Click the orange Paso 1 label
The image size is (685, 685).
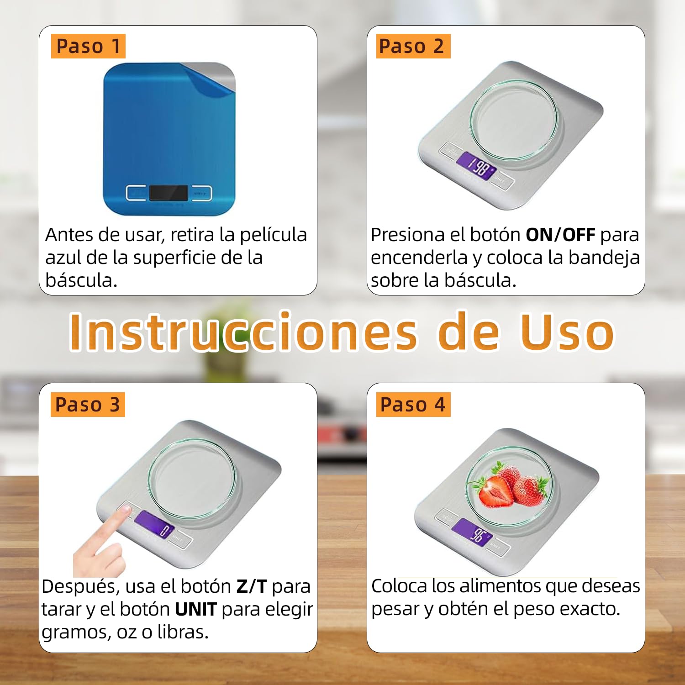(88, 46)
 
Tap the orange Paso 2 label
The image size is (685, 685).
(413, 46)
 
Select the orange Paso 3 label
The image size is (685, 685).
(88, 405)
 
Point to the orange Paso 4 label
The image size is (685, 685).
(413, 405)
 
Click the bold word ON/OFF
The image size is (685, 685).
(560, 235)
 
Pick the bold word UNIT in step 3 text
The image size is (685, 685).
(196, 609)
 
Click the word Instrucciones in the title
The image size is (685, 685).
(243, 332)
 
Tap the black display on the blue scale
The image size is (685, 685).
(168, 193)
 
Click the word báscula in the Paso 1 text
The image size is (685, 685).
(81, 280)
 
